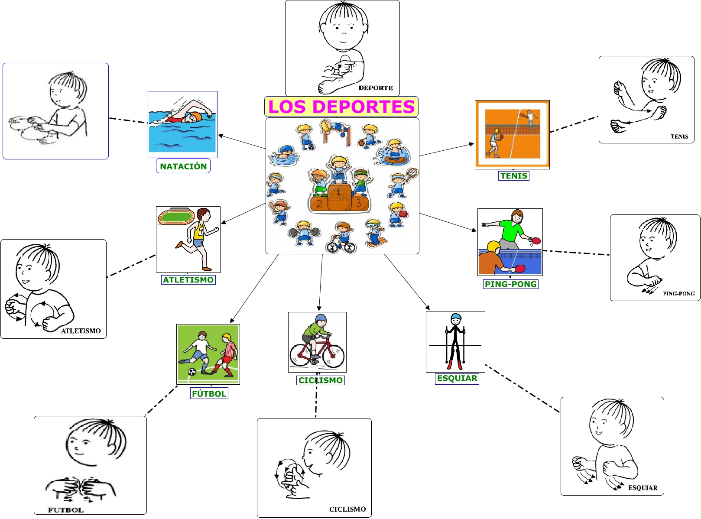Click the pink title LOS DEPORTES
tap(341, 107)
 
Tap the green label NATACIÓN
tap(183, 166)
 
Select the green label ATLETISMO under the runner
tap(188, 280)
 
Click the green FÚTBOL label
tap(209, 393)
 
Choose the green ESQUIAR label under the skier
tap(457, 378)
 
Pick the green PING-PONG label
tap(510, 284)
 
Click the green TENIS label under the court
tap(514, 176)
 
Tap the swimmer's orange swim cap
tap(195, 117)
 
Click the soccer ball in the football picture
tap(192, 372)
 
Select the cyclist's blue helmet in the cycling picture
tap(321, 318)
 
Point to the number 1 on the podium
tap(338, 191)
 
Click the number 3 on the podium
tap(359, 203)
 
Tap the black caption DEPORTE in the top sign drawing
tap(375, 88)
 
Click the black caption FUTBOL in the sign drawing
tap(65, 510)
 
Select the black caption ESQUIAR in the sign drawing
tap(643, 488)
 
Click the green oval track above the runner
tap(176, 216)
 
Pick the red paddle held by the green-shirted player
tap(536, 240)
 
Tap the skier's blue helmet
tap(456, 318)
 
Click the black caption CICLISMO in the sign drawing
tap(347, 509)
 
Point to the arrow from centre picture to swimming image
tap(242, 142)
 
